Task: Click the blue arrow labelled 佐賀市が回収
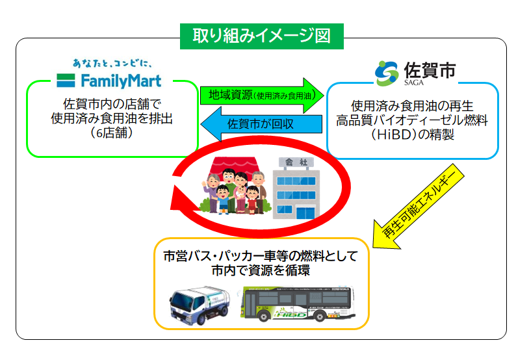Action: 260,123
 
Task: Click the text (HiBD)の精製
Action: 412,135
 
